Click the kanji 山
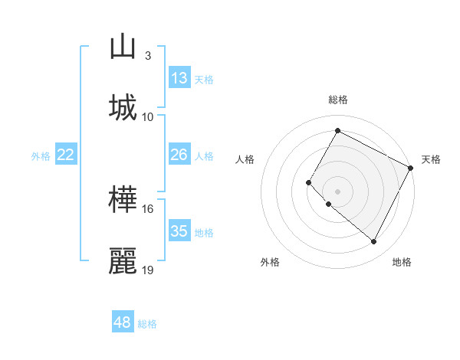[x=123, y=47]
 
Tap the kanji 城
[x=123, y=107]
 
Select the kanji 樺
[x=123, y=200]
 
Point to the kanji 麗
[x=123, y=261]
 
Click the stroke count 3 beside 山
[x=147, y=55]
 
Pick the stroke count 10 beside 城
[x=148, y=116]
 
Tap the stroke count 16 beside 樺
[x=148, y=208]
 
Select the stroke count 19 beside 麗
[x=148, y=270]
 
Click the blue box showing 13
[x=179, y=78]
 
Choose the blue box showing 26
[x=179, y=155]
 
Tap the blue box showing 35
[x=179, y=231]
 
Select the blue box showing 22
[x=66, y=155]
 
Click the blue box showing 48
[x=123, y=322]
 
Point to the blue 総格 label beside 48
[x=147, y=324]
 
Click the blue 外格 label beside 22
[x=41, y=156]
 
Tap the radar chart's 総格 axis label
[x=337, y=100]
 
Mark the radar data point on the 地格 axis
[x=374, y=242]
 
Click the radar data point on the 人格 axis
[x=309, y=182]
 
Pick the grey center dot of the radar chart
[x=337, y=191]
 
